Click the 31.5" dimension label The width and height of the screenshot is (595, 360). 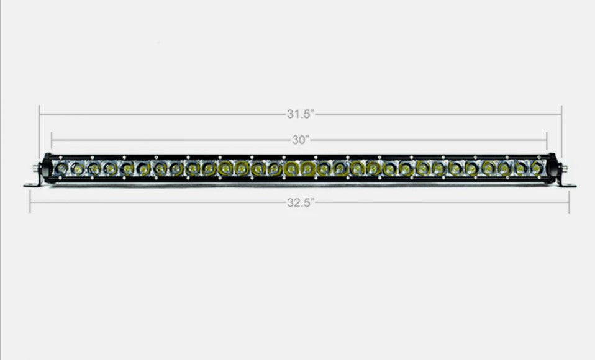point(301,114)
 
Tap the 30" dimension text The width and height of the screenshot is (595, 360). point(301,140)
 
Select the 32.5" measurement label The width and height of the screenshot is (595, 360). point(301,202)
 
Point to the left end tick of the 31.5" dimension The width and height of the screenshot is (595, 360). point(39,131)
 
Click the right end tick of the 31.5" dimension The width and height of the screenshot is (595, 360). point(561,131)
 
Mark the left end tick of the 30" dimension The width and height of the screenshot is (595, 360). point(52,141)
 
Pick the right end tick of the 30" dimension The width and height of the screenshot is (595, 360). point(547,141)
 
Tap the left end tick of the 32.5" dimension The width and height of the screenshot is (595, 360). point(30,202)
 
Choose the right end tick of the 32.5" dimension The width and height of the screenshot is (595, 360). point(569,202)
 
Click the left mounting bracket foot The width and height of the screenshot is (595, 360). point(32,184)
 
